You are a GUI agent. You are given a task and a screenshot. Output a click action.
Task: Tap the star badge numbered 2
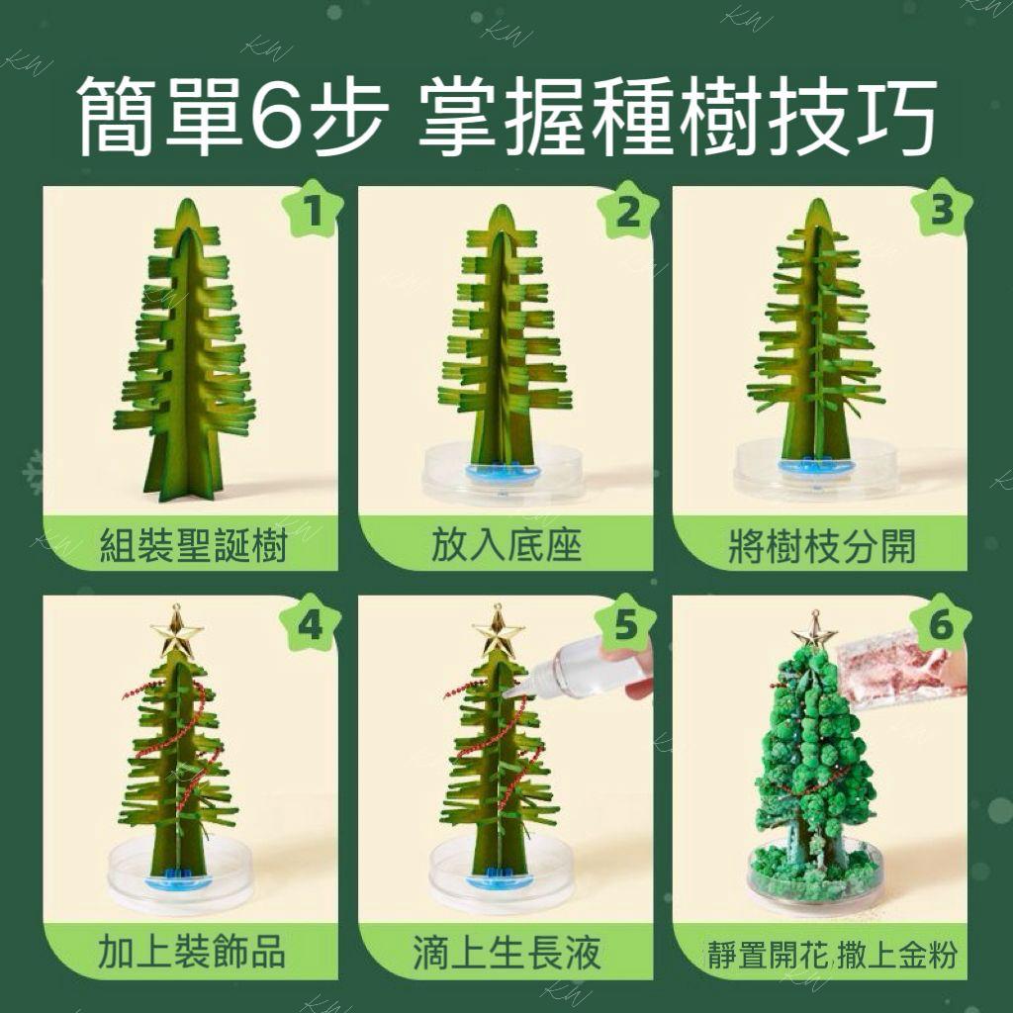[628, 210]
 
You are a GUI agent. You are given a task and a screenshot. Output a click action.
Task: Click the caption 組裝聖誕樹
[193, 546]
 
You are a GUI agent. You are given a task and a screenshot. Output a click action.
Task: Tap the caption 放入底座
[506, 545]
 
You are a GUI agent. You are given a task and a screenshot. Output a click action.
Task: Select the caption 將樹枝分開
[822, 546]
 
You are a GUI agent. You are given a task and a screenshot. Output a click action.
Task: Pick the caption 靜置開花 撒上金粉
[832, 955]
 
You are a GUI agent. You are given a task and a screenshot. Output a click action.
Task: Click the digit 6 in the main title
[277, 117]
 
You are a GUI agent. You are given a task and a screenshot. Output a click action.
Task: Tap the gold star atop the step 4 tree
[176, 632]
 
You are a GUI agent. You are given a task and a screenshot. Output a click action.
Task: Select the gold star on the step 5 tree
[498, 632]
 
